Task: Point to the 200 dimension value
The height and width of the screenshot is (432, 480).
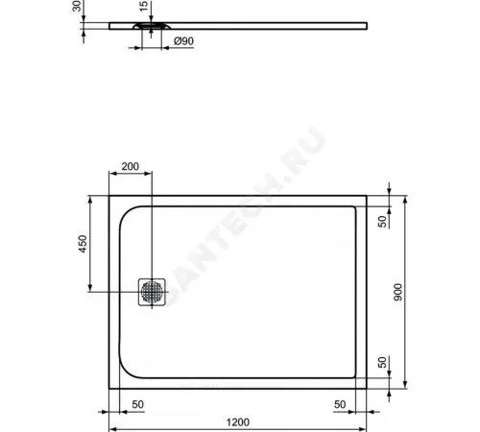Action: (131, 166)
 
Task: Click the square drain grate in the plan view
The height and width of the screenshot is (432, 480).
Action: (152, 292)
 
